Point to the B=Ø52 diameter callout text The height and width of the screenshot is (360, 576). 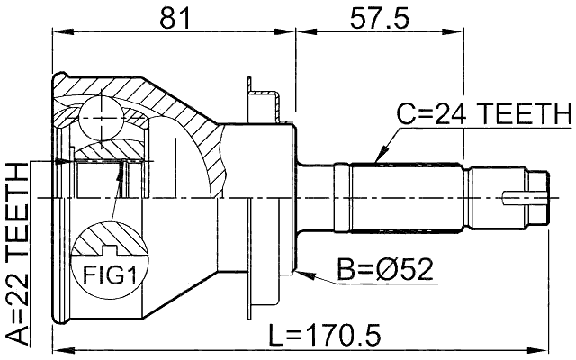(x=386, y=270)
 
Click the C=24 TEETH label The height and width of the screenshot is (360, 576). (x=484, y=114)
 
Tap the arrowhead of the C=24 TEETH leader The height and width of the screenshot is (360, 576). (x=380, y=159)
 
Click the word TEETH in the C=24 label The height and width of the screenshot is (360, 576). (x=526, y=114)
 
